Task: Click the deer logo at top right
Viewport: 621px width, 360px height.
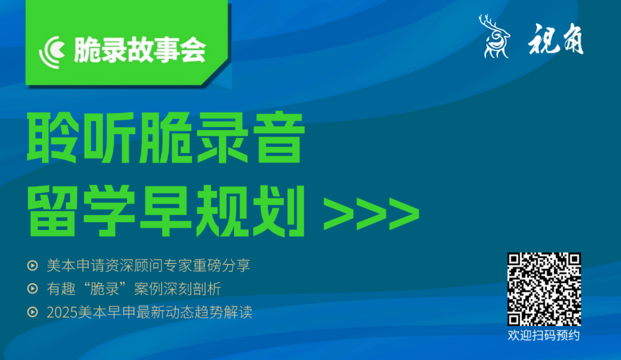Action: click(494, 36)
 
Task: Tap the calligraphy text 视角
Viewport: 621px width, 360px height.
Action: click(555, 39)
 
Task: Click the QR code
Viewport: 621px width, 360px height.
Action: click(544, 289)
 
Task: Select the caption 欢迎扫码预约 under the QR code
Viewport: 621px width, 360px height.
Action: click(544, 335)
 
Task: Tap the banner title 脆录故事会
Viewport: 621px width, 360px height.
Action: click(139, 50)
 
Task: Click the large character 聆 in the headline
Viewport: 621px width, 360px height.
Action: click(52, 137)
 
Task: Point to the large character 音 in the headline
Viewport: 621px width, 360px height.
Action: click(279, 137)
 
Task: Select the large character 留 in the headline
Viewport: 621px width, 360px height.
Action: click(52, 210)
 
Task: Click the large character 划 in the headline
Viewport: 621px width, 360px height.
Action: click(279, 210)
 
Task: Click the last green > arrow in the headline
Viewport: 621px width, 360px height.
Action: click(404, 213)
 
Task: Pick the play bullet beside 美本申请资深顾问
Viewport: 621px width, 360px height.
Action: click(32, 265)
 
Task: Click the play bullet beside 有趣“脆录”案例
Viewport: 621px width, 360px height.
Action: click(32, 289)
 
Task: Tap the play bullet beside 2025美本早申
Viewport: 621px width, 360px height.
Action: click(32, 312)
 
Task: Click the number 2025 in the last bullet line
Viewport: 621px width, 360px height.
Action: click(62, 312)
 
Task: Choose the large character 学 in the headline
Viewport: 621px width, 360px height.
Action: click(109, 210)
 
